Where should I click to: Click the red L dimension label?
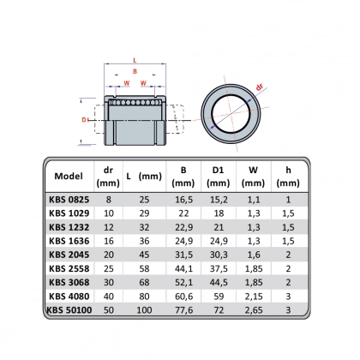pos(135,60)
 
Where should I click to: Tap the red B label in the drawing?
pos(135,71)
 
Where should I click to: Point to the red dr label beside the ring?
pos(259,87)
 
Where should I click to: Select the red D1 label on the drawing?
pos(85,120)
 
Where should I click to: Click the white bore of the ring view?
pos(231,114)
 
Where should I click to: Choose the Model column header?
pos(69,176)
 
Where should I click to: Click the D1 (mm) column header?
pos(218,177)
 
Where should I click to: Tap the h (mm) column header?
pos(288,177)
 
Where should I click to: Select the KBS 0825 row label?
pos(69,200)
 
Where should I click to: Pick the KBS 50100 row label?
pos(69,310)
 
